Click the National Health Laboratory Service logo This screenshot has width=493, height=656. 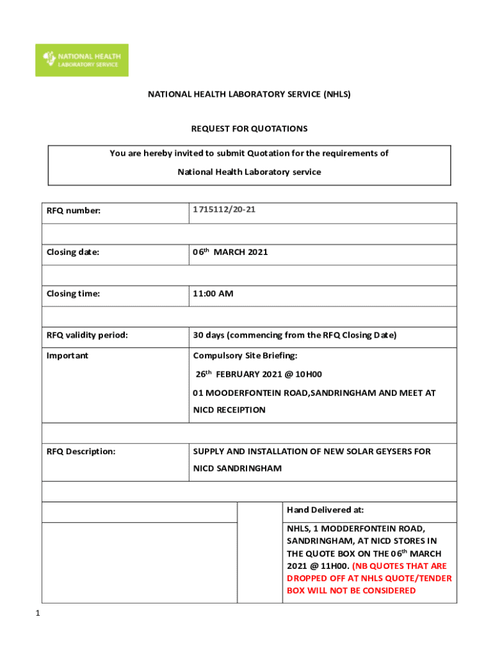click(x=81, y=60)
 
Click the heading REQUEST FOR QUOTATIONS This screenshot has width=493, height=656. click(x=249, y=129)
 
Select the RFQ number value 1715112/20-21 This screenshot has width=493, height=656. click(x=223, y=209)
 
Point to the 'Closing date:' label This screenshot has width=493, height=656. click(x=72, y=252)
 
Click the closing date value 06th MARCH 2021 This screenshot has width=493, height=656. click(x=230, y=252)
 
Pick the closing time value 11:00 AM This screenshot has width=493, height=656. click(x=213, y=294)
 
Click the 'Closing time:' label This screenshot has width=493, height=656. click(x=72, y=294)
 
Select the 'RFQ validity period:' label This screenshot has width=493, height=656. click(x=87, y=335)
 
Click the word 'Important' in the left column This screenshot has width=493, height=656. click(x=67, y=356)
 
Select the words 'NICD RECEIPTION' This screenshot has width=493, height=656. click(x=229, y=410)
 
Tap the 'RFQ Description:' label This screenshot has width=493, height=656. click(x=81, y=452)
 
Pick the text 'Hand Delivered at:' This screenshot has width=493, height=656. click(x=325, y=511)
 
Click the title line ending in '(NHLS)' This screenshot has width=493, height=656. click(x=249, y=94)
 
